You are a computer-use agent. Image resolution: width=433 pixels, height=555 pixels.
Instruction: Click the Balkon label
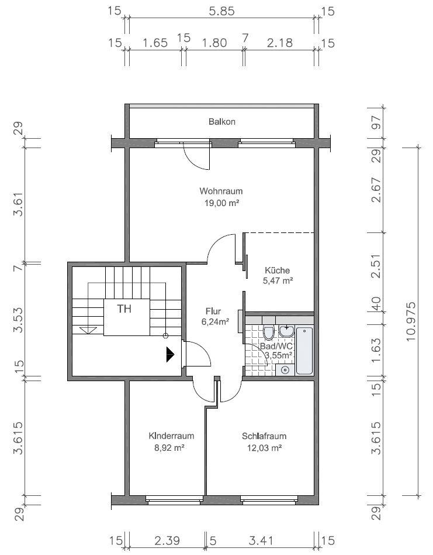222,122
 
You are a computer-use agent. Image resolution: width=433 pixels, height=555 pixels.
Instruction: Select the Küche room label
277,270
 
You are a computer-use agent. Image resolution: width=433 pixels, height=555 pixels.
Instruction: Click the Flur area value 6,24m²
216,322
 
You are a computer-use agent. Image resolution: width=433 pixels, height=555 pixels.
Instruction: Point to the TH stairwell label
124,309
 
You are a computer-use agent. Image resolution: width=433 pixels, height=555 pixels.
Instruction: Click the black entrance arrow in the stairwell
170,354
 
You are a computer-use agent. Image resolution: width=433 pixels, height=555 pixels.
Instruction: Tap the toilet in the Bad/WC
269,333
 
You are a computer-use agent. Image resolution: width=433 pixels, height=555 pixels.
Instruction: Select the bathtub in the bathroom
304,351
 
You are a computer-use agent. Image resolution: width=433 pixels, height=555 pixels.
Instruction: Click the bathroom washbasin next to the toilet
286,331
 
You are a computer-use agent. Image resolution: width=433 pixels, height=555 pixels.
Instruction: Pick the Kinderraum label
171,436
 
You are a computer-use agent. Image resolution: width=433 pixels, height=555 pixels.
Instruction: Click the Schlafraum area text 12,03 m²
264,448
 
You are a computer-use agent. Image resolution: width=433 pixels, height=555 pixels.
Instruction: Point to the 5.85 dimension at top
221,11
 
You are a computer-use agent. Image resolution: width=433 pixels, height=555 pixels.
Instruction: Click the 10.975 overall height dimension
411,321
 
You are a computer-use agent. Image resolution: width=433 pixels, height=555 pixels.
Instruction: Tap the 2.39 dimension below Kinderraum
167,541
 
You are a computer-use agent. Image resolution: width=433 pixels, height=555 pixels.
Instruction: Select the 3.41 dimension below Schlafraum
261,541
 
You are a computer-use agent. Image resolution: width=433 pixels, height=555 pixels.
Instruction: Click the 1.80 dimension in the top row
214,43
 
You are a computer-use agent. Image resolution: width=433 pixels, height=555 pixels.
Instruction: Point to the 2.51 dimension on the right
376,266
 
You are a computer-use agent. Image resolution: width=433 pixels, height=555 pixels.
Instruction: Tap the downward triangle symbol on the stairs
88,330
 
